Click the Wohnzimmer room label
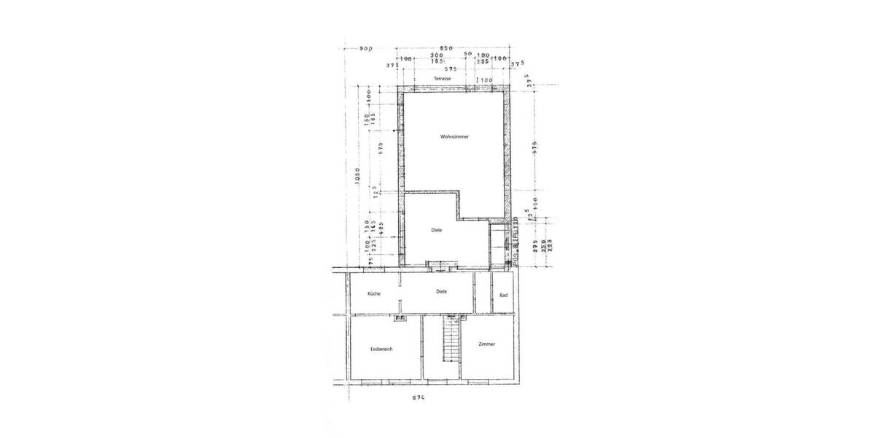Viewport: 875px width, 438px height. (x=454, y=137)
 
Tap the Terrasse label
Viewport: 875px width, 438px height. (x=442, y=79)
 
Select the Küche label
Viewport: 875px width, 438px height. (x=374, y=293)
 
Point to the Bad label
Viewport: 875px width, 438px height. (x=503, y=295)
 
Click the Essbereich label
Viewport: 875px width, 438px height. (x=381, y=350)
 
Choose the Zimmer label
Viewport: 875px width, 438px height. (x=487, y=345)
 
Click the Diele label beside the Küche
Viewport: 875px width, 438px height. (x=441, y=291)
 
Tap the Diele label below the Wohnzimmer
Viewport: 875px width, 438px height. (x=437, y=231)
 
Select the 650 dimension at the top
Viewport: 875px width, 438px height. (x=447, y=47)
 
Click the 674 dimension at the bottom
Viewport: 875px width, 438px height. (x=417, y=398)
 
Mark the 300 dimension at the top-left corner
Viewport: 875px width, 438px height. (x=366, y=49)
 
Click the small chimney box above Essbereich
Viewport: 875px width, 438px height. (x=400, y=318)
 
